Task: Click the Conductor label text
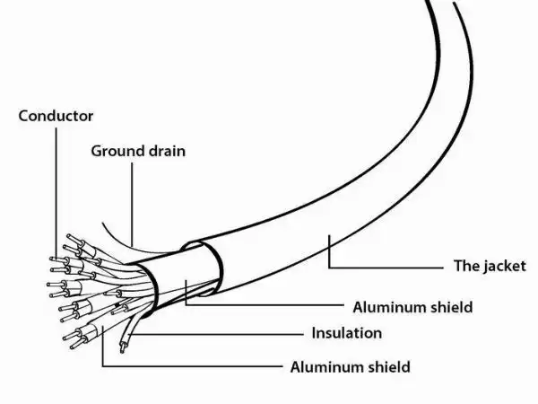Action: [x=56, y=116]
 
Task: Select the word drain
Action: [x=165, y=150]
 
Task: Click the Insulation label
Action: [x=346, y=333]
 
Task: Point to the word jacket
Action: [x=503, y=267]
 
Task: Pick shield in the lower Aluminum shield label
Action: [x=390, y=366]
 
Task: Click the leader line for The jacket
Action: [x=386, y=267]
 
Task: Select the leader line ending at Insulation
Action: [x=224, y=333]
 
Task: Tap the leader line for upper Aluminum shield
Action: [x=269, y=307]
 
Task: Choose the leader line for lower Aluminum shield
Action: [x=179, y=366]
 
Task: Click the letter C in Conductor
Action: [x=23, y=116]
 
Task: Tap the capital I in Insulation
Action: [x=314, y=333]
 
